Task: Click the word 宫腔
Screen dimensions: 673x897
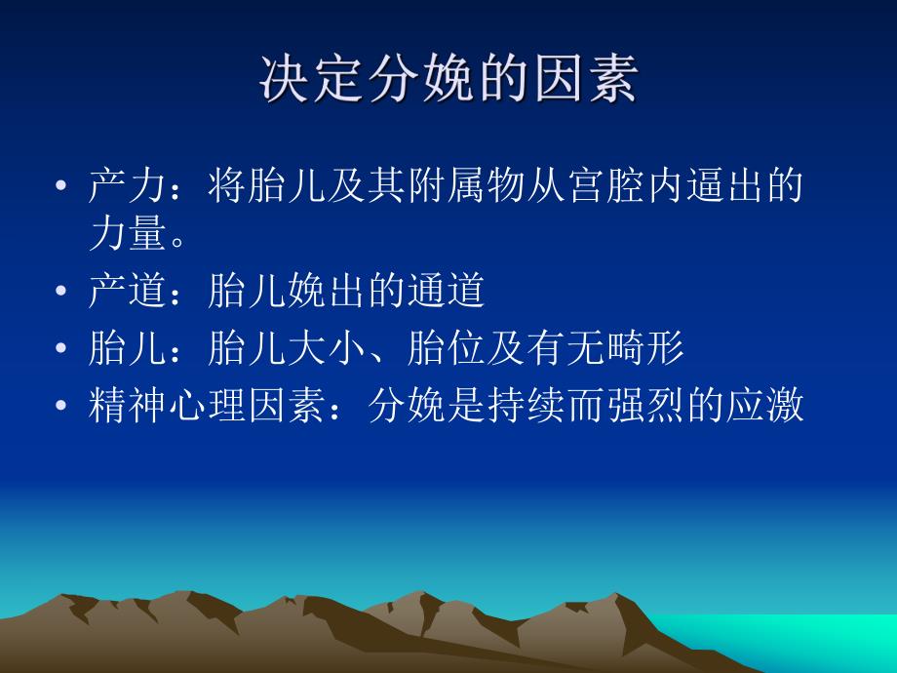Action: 604,184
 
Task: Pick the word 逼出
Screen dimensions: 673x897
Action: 724,184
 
